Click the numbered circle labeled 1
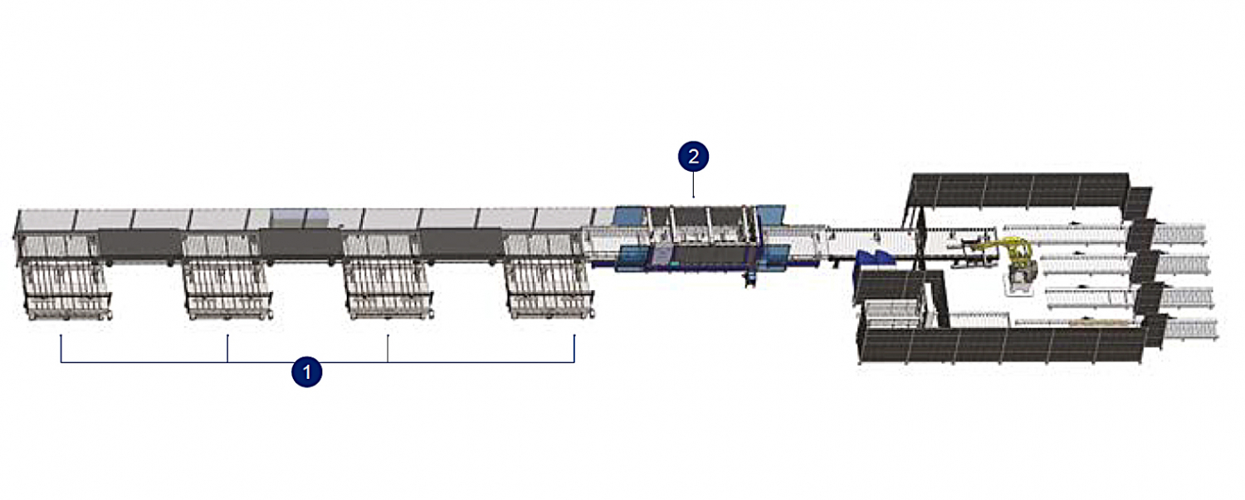pos(307,371)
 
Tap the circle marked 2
pos(693,156)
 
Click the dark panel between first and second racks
pos(141,244)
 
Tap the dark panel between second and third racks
pos(301,245)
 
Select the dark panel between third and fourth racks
pos(462,245)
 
